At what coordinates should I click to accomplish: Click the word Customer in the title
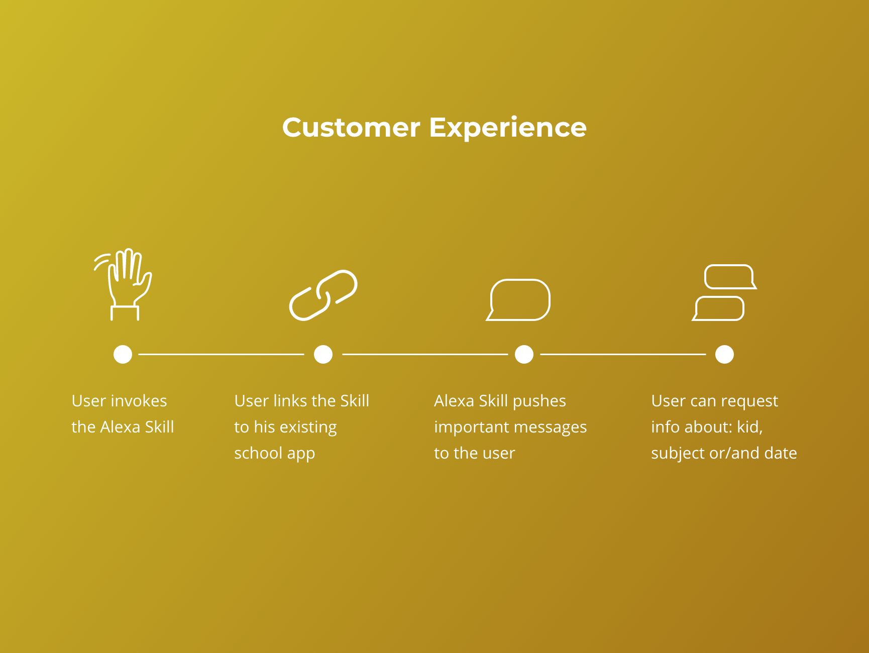tap(351, 128)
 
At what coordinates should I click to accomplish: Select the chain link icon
tap(323, 295)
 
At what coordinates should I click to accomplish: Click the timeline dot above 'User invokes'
tap(123, 354)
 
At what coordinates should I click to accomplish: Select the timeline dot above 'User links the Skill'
tap(323, 354)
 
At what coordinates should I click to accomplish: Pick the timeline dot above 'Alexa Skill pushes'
tap(524, 354)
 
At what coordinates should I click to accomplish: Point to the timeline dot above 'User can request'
tap(724, 354)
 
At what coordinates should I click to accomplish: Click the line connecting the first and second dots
tap(221, 354)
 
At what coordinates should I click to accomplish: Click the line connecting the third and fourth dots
tap(623, 354)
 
